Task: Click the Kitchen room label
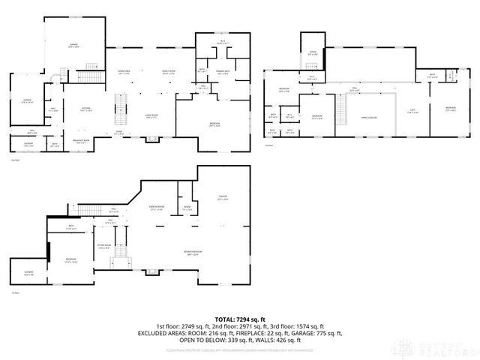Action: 86,109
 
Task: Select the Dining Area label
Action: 124,72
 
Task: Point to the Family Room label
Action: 169,72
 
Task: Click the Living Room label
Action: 151,116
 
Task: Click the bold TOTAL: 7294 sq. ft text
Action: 239,319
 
